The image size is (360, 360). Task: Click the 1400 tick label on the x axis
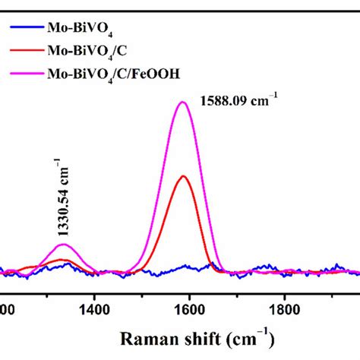coord(93,309)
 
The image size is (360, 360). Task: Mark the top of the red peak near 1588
coord(182,176)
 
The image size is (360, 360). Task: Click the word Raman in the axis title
coord(144,337)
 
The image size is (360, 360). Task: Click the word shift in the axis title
coord(197,337)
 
